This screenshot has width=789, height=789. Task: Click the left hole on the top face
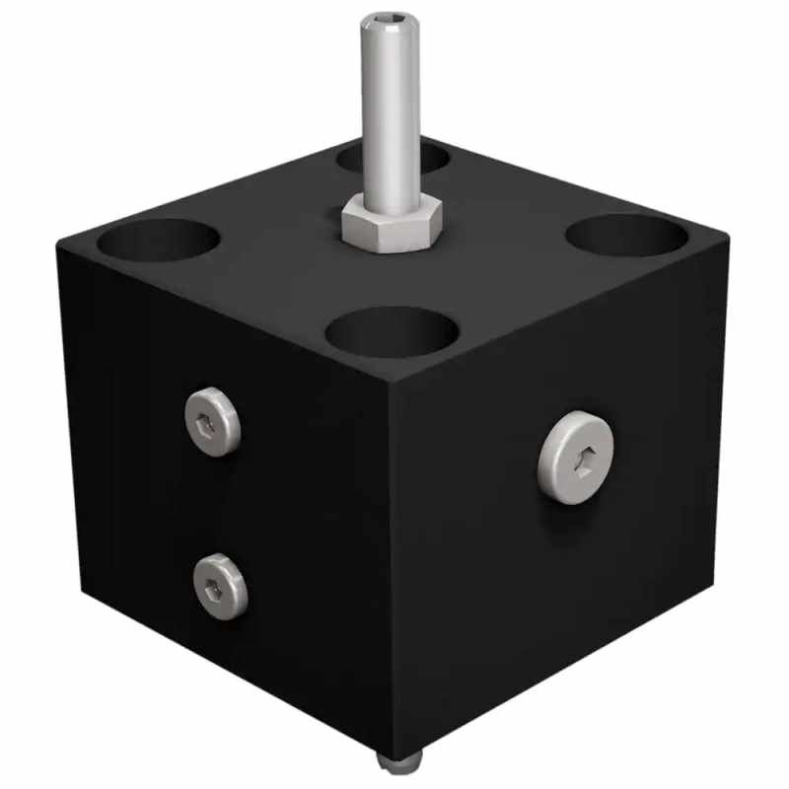click(158, 240)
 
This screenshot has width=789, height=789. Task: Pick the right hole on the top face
click(627, 236)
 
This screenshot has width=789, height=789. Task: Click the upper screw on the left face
click(212, 420)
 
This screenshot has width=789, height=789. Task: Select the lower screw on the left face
click(220, 587)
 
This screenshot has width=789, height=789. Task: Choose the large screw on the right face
click(575, 458)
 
